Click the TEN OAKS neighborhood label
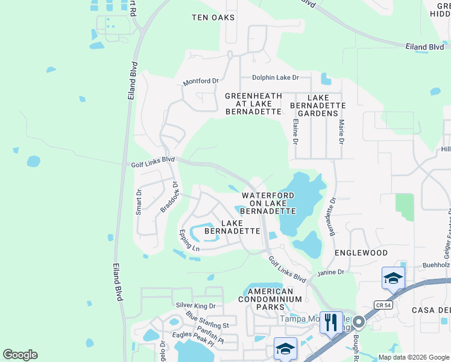pos(213,17)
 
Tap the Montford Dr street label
pos(201,81)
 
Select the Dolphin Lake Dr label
pos(276,77)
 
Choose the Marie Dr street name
pos(341,132)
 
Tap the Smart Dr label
pos(139,202)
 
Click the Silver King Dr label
pos(195,305)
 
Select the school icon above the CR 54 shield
pos(393,278)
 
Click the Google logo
pos(20,354)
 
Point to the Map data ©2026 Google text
pos(413,357)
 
